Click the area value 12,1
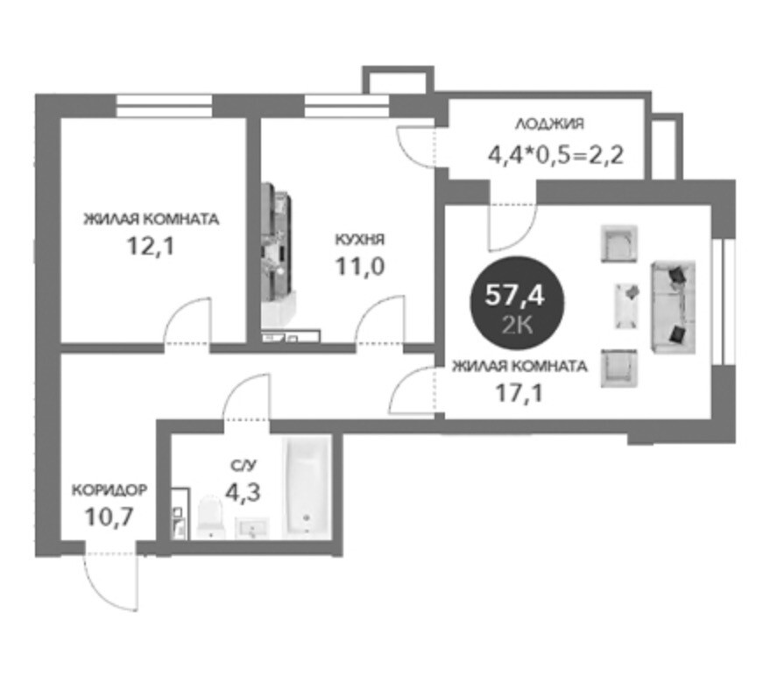tap(151, 246)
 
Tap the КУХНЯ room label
tap(359, 239)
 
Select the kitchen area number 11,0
tap(359, 267)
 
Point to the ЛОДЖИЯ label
tap(549, 123)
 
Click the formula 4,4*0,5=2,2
tap(555, 156)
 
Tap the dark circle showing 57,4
tap(517, 304)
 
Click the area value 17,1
tap(519, 393)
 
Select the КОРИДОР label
tap(109, 489)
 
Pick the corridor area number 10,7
tap(109, 517)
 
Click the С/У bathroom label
tap(243, 465)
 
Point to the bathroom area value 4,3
tap(243, 492)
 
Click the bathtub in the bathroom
tap(306, 488)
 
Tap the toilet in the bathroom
tap(210, 517)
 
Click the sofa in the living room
tap(674, 306)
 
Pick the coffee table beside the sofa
tap(627, 306)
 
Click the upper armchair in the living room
tap(619, 243)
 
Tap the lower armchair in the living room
tap(619, 369)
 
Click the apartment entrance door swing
tap(112, 581)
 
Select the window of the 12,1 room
tap(165, 106)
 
